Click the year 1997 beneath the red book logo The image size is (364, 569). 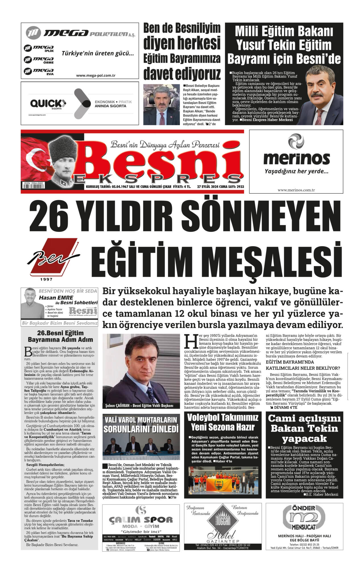point(46,280)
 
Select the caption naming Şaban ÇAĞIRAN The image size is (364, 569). point(139,405)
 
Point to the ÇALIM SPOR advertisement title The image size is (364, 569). point(141,520)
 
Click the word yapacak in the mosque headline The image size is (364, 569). point(304,438)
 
